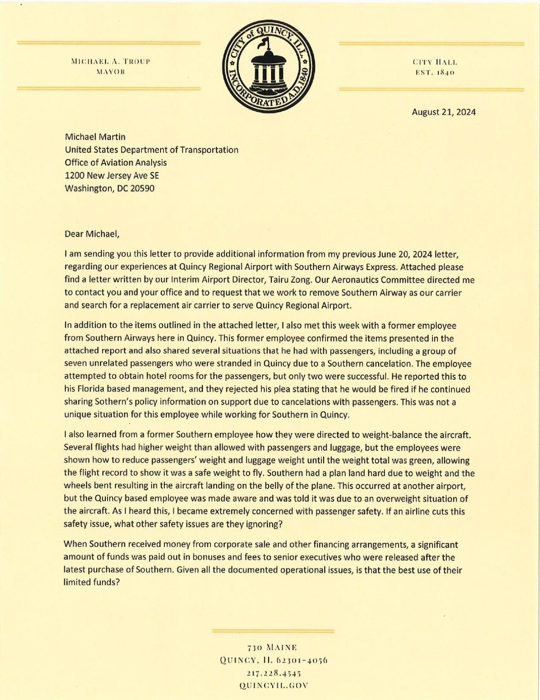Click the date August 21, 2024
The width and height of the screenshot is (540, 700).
click(444, 112)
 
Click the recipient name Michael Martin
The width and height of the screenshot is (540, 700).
click(95, 137)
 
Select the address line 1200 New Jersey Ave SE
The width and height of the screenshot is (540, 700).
click(111, 175)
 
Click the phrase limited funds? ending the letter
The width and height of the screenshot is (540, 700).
click(90, 582)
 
